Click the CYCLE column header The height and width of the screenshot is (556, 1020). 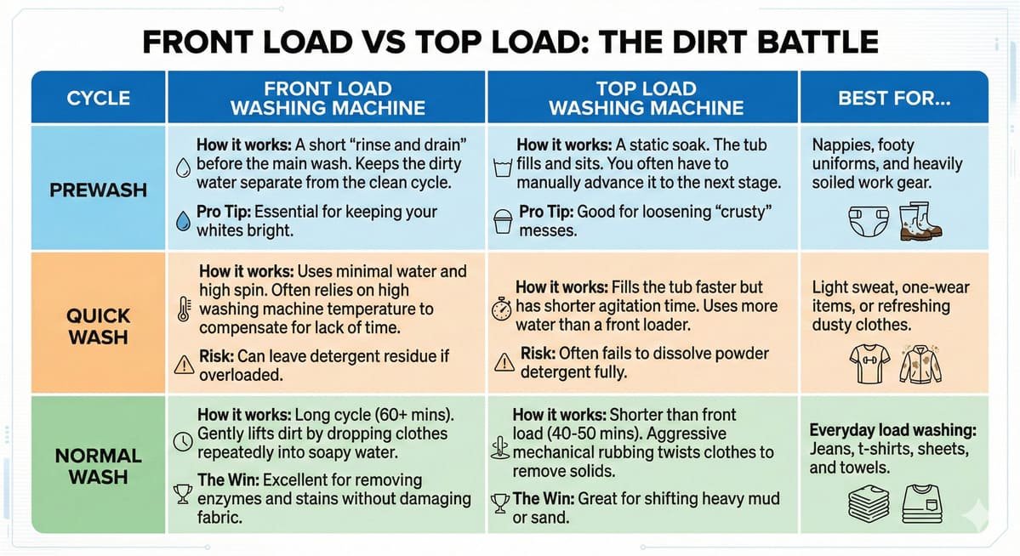click(x=98, y=99)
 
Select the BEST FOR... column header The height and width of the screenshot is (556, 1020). click(x=894, y=99)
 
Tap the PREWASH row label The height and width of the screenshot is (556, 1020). click(x=98, y=190)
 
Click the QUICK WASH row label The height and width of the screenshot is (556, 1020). click(x=98, y=326)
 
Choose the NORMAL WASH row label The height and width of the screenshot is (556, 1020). click(x=98, y=466)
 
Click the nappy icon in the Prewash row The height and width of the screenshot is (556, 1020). click(x=869, y=222)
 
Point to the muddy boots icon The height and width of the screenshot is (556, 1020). click(x=920, y=221)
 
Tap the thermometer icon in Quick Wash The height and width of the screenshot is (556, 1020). click(x=184, y=309)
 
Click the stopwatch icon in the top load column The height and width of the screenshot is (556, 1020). click(x=502, y=309)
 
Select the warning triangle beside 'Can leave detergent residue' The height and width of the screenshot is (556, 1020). click(x=184, y=364)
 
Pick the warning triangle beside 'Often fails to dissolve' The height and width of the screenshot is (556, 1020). click(x=504, y=361)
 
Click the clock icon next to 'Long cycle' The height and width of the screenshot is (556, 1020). click(x=184, y=441)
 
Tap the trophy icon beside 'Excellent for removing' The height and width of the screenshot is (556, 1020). click(x=183, y=494)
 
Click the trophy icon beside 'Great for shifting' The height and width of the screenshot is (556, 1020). click(x=499, y=503)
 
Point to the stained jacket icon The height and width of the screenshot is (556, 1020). click(x=920, y=365)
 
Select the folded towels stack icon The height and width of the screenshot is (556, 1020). click(x=869, y=504)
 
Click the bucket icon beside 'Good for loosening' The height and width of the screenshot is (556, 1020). click(x=503, y=221)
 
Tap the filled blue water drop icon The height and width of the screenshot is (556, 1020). click(x=184, y=221)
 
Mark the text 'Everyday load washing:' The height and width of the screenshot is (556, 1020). click(x=892, y=430)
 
